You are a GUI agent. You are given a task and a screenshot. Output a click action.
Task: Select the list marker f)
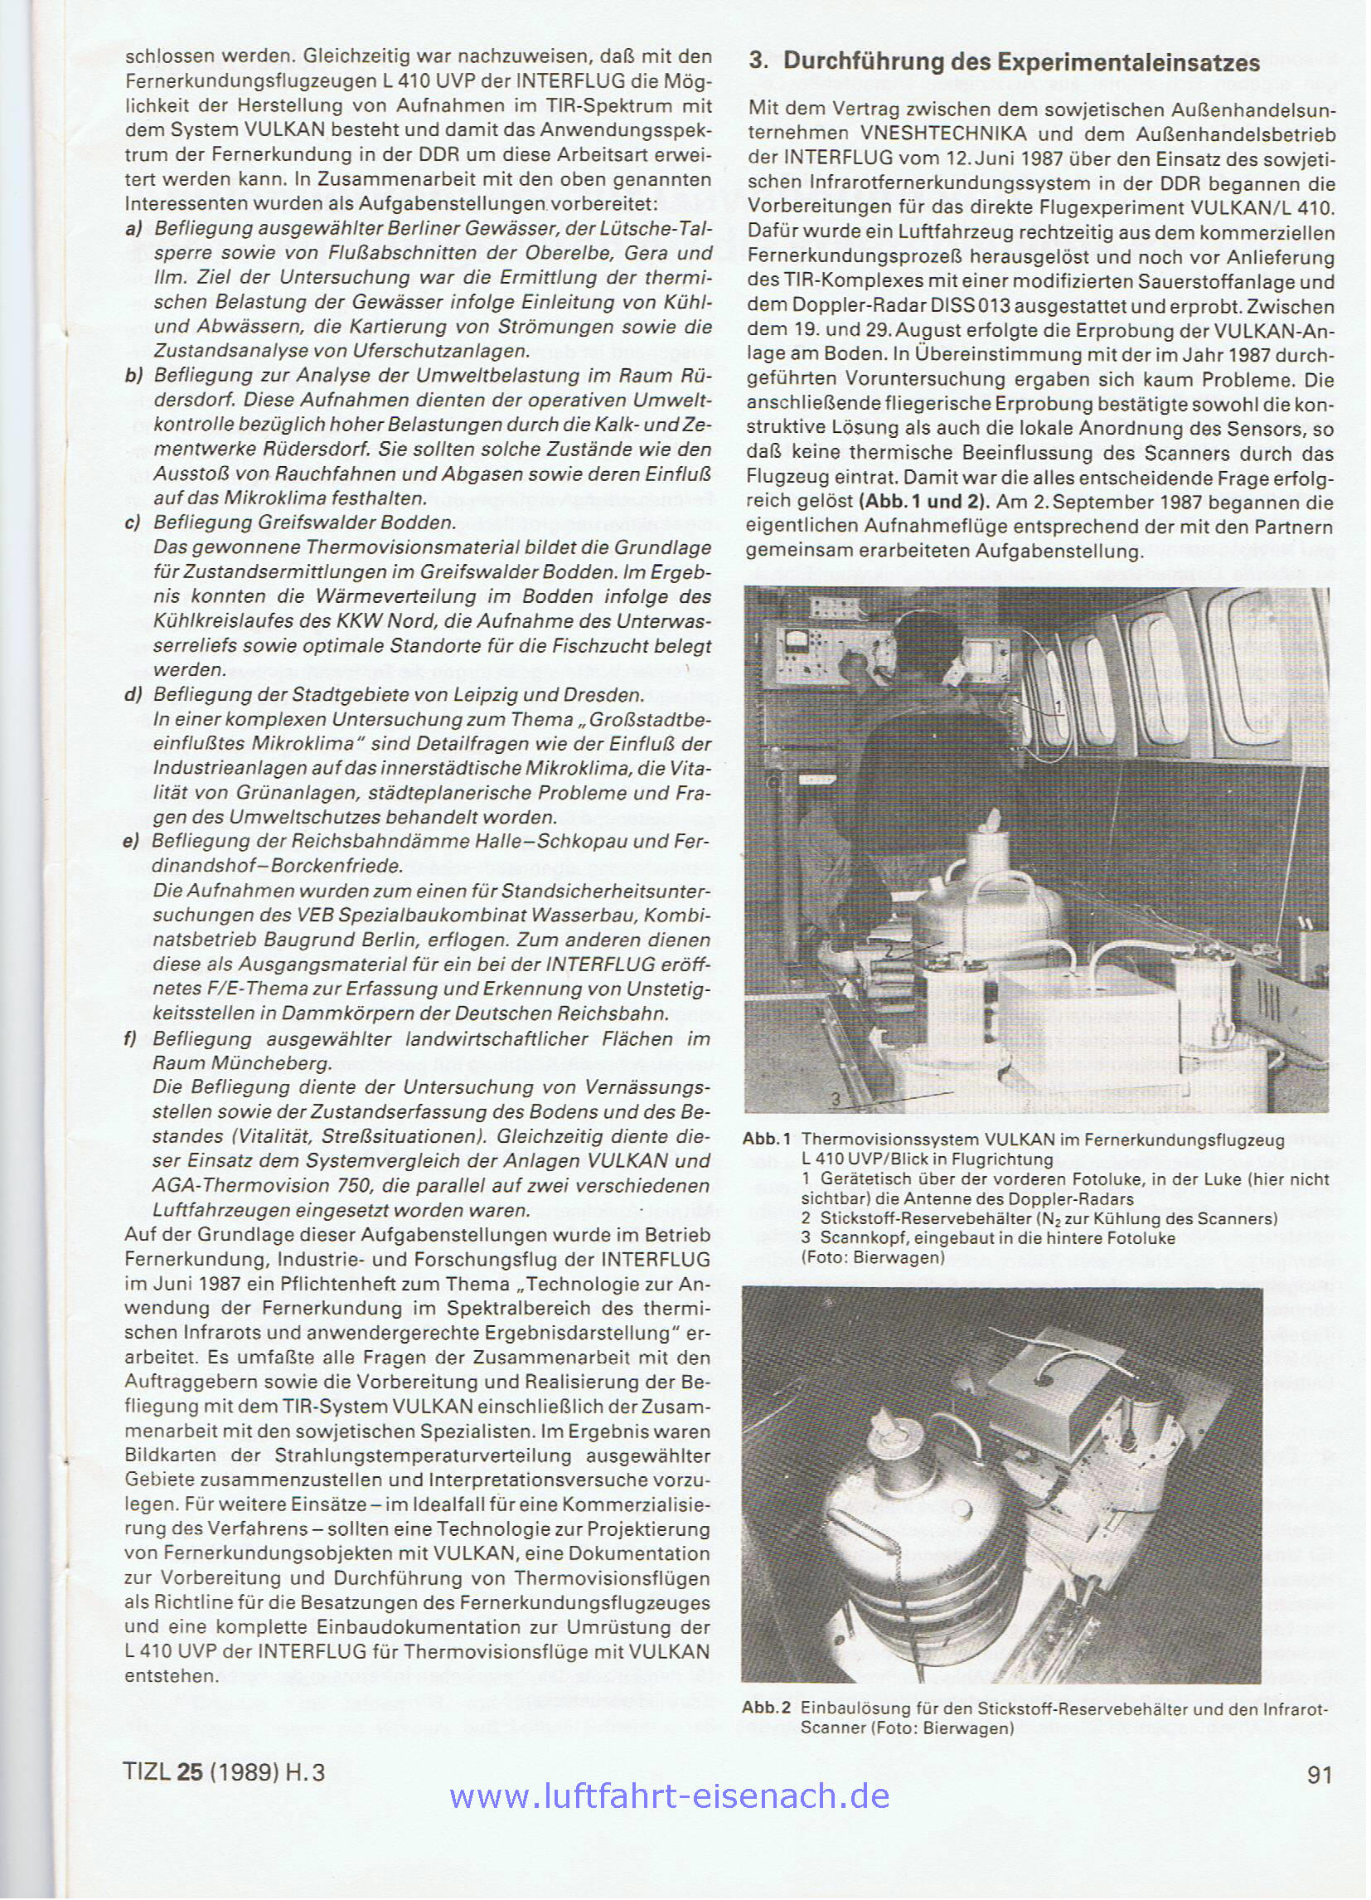[x=131, y=1039]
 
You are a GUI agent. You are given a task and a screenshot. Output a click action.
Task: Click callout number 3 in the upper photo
[x=836, y=1096]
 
